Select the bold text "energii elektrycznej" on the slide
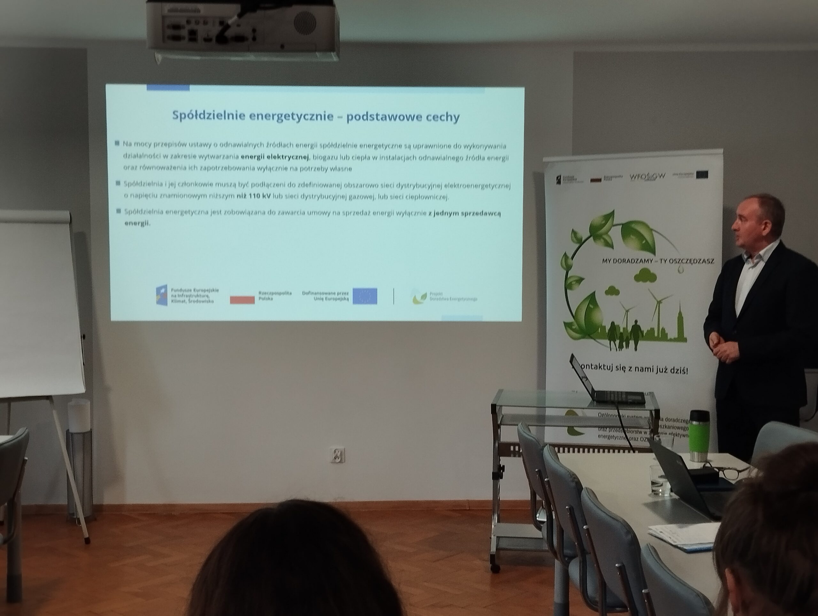pyautogui.click(x=274, y=157)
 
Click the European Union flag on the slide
pyautogui.click(x=365, y=296)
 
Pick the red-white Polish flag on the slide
pyautogui.click(x=242, y=299)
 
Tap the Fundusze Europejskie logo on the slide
pyautogui.click(x=162, y=295)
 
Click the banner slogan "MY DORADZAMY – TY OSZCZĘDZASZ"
pyautogui.click(x=658, y=261)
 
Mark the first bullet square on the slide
pyautogui.click(x=117, y=143)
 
